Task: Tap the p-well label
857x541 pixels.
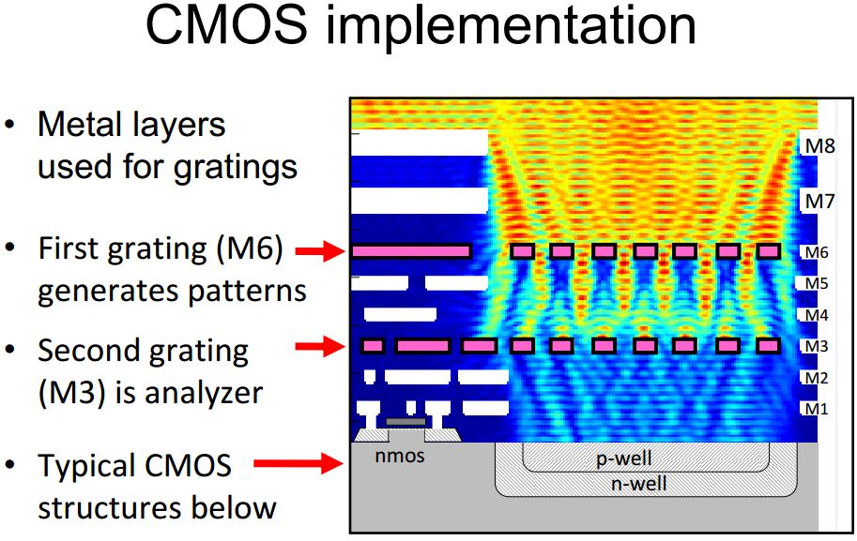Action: click(x=624, y=458)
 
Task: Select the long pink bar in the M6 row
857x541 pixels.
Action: click(x=411, y=251)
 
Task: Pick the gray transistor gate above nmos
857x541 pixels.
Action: click(x=405, y=423)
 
